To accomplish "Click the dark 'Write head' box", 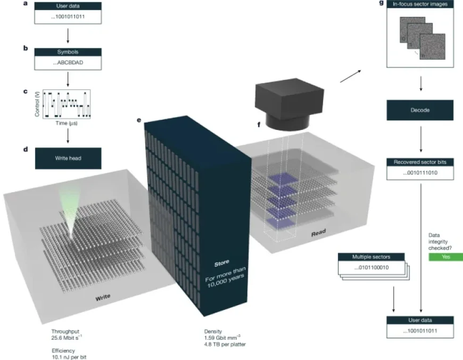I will tap(68, 158).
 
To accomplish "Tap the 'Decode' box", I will tap(420, 111).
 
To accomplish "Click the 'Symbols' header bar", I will tap(68, 52).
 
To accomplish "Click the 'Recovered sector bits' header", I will tap(420, 161).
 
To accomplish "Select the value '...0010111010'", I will tap(420, 173).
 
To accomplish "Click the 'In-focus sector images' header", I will tap(420, 5).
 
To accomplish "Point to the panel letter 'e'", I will tap(139, 120).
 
